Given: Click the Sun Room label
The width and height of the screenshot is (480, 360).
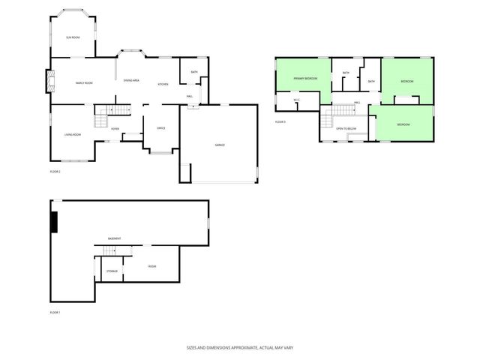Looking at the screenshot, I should point(73,36).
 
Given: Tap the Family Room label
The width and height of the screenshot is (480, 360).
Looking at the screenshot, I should point(83,82).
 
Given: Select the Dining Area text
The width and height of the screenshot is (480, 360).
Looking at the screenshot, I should point(131,80).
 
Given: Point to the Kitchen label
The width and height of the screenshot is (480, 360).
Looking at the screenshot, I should point(163,84).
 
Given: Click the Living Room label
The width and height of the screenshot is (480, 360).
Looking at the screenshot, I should point(73,134).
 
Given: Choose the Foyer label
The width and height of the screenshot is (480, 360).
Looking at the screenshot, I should point(115,129).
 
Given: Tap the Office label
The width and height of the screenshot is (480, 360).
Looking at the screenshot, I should point(160,128).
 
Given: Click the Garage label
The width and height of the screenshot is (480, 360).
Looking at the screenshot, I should point(220,145).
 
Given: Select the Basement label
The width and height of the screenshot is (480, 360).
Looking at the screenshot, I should point(115,238).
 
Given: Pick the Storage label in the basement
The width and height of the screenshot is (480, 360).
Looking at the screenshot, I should point(111,271).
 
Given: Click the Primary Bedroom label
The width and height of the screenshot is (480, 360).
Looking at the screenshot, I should point(305,78).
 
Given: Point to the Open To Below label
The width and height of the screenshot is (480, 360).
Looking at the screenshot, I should point(345,129).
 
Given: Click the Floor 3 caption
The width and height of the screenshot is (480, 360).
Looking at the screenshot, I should point(280,121).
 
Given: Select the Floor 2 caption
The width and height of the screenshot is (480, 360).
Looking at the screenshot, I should point(55,172).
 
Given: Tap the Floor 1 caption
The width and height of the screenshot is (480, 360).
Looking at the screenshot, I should point(55,311).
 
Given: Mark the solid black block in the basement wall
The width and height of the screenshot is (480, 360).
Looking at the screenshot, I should point(54,223).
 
